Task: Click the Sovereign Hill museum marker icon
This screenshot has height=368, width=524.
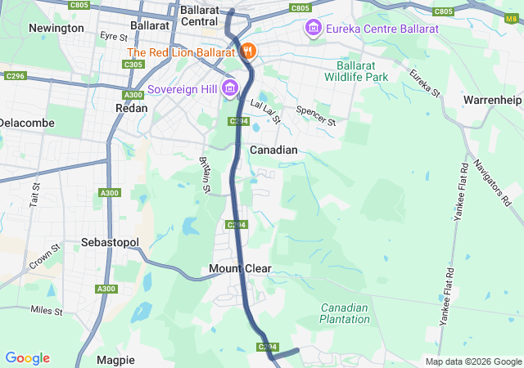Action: [x=229, y=88]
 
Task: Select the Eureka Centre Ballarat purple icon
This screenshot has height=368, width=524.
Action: [x=313, y=29]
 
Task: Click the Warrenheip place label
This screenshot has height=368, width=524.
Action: [x=491, y=100]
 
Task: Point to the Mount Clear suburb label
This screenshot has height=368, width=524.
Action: [x=240, y=268]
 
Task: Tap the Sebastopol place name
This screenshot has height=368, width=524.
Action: [x=111, y=243]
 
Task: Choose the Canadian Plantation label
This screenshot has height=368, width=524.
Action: [x=345, y=313]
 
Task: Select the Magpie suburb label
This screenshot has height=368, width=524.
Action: [x=115, y=360]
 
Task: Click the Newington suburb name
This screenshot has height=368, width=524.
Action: [x=56, y=28]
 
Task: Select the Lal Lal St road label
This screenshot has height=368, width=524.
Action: [x=266, y=112]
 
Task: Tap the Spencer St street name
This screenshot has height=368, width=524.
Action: [x=316, y=114]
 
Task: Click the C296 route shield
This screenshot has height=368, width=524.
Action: [x=12, y=76]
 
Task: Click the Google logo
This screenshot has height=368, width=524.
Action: [x=27, y=358]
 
